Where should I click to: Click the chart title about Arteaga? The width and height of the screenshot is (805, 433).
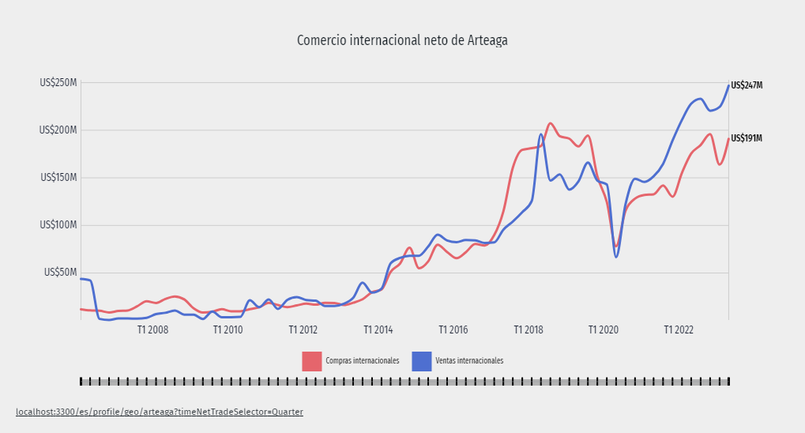402,40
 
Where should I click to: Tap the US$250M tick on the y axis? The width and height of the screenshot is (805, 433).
58,83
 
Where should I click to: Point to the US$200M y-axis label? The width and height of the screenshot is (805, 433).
58,130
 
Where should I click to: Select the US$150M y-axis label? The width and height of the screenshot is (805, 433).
58,178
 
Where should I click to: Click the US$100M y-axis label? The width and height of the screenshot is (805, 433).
58,225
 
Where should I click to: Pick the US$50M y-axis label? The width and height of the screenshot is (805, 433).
60,273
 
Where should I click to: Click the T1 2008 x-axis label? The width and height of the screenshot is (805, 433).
152,329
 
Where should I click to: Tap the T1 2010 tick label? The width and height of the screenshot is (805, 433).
228,329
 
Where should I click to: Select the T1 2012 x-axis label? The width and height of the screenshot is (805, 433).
303,329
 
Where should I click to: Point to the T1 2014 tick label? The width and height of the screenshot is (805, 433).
378,329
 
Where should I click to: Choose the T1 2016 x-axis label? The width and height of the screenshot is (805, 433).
453,329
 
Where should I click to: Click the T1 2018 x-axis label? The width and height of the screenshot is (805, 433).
529,329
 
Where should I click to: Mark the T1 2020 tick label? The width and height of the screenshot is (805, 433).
604,329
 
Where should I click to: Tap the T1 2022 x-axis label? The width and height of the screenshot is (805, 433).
679,329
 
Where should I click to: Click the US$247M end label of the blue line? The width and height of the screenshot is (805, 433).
747,85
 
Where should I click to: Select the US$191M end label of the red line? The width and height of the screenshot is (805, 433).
747,138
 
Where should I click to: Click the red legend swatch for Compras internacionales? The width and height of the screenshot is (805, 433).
312,360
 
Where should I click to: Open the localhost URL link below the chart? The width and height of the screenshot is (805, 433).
159,412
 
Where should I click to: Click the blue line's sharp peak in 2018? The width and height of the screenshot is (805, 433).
541,134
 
